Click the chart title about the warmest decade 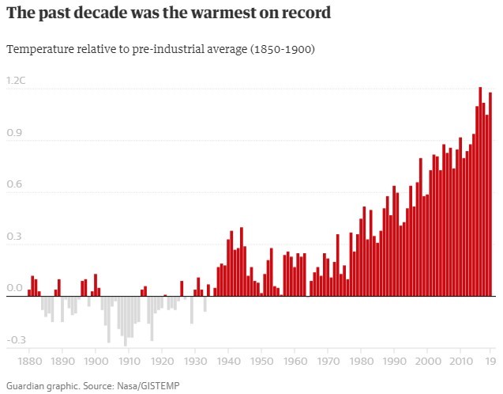[x=168, y=13]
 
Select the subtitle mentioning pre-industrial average [x=161, y=49]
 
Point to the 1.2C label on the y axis [x=15, y=81]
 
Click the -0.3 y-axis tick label [x=15, y=340]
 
